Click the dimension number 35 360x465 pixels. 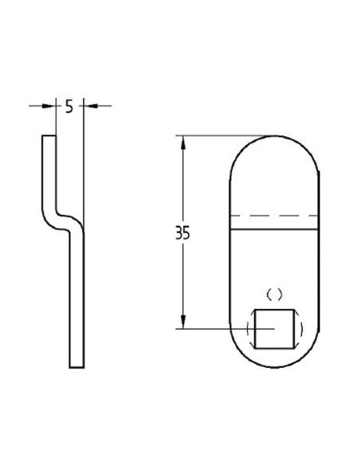(x=183, y=234)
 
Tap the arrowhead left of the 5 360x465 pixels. (x=50, y=104)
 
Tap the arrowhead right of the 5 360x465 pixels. (x=85, y=104)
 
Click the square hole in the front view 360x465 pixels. (x=275, y=327)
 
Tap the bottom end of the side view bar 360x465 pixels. (x=76, y=365)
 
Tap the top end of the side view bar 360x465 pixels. (x=49, y=137)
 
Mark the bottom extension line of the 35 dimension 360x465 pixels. (x=215, y=327)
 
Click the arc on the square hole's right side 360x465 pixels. (x=300, y=327)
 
